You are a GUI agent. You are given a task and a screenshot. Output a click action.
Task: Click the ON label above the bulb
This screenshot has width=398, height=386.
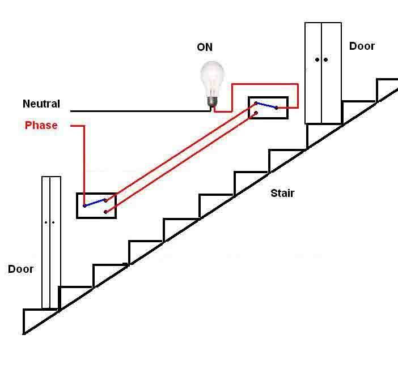coord(205,47)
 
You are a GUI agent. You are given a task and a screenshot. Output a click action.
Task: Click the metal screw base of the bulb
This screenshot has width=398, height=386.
coord(213,102)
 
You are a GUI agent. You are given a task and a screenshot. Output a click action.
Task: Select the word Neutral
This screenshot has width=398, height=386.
coord(41,104)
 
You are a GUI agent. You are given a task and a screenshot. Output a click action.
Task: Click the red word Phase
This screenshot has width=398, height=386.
coord(41,125)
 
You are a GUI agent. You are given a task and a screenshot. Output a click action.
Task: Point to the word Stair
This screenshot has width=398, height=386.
coord(282,193)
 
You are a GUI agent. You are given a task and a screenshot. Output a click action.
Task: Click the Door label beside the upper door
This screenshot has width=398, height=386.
coord(362,46)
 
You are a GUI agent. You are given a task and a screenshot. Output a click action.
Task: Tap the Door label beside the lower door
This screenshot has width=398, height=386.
coord(20,269)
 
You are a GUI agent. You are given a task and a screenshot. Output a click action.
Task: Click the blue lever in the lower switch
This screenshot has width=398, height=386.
coord(95,203)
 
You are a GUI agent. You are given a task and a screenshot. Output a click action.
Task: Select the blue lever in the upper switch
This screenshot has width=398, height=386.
coord(266,105)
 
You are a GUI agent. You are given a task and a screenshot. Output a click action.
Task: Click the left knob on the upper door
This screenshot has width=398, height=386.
coord(317,60)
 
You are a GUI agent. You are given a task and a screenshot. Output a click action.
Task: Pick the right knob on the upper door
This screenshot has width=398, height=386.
coord(325,60)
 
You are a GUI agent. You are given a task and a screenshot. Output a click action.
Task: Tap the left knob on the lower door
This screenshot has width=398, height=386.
coord(46,222)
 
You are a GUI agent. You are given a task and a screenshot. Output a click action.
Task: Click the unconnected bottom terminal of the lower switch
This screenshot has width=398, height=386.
coord(106,212)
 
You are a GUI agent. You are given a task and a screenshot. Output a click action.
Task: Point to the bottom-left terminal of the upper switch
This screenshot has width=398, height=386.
coord(256,113)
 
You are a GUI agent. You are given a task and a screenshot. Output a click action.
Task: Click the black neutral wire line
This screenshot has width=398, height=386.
coord(141,111)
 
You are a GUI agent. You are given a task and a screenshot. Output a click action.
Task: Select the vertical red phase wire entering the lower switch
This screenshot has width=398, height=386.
coord(84,165)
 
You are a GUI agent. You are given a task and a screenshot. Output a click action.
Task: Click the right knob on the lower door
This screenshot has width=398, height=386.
coord(53,222)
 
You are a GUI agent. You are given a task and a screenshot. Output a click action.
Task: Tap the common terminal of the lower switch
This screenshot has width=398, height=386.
coord(85,206)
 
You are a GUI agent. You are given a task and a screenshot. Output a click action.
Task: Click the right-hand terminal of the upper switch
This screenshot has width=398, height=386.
coord(277,108)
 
